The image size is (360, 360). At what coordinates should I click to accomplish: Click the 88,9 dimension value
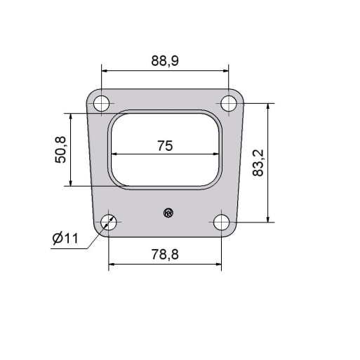(165, 60)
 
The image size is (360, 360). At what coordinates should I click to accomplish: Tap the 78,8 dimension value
(165, 255)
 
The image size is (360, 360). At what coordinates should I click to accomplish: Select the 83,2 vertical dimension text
(258, 163)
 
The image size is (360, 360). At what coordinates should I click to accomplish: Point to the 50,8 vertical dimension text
(60, 150)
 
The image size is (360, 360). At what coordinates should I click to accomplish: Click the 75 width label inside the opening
(165, 146)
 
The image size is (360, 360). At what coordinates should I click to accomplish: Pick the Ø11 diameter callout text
(65, 239)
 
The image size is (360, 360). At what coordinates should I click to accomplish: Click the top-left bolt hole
(101, 103)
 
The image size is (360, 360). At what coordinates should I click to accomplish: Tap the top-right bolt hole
(229, 103)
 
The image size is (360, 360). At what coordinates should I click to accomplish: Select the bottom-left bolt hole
(109, 222)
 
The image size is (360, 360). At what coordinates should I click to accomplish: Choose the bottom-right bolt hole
(221, 222)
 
